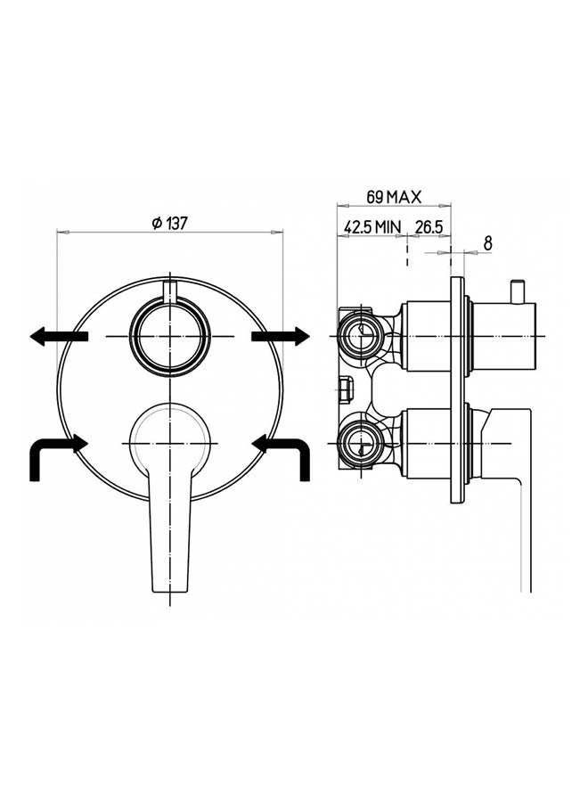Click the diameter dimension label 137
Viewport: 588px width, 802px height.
coord(176,224)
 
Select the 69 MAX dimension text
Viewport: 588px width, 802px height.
coord(393,197)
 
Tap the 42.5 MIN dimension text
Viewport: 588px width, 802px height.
coord(372,226)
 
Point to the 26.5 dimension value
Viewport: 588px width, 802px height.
coord(429,226)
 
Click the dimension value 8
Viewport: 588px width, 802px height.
coord(487,242)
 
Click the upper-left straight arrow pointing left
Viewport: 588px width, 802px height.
coord(58,336)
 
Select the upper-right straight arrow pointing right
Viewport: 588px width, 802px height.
coord(281,336)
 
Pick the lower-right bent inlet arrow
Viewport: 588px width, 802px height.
coord(283,452)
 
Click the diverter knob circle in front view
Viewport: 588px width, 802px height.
coord(169,336)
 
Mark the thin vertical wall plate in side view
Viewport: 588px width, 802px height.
coord(458,392)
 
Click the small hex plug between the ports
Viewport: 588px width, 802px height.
coord(346,389)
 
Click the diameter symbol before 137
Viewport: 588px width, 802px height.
coord(156,224)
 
